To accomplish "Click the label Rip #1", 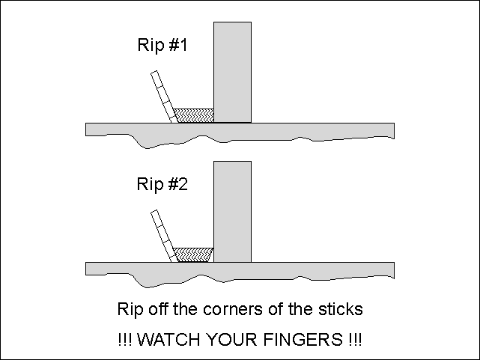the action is [162, 45].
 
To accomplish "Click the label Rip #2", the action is [162, 184].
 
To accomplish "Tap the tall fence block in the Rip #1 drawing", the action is [232, 72].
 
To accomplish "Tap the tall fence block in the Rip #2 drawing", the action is [232, 211].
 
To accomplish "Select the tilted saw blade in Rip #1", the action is [165, 97].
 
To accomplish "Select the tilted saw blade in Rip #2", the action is [165, 236].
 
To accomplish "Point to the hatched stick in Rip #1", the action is [193, 115].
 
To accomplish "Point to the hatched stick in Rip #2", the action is [193, 254].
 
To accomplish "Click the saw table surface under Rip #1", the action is [240, 131].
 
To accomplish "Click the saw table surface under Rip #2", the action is [240, 270].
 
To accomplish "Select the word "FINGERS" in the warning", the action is [303, 340].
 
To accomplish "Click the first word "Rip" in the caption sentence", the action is [130, 310].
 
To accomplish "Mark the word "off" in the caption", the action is [158, 308].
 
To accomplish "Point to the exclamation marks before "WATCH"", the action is [125, 340].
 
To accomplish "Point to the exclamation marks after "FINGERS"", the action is [355, 340].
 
